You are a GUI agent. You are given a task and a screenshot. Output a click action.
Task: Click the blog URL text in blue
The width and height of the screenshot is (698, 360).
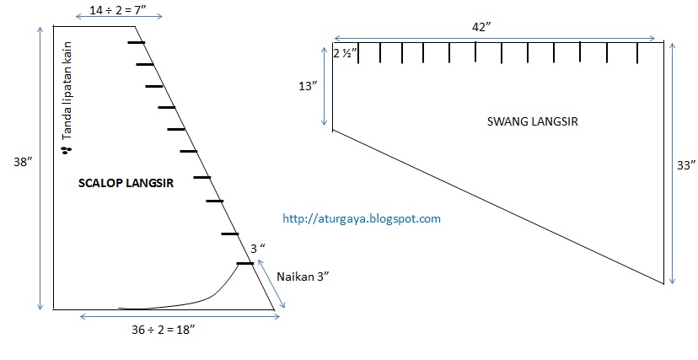[x=362, y=218]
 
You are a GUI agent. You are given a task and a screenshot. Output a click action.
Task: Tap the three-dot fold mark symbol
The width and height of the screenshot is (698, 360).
[x=65, y=150]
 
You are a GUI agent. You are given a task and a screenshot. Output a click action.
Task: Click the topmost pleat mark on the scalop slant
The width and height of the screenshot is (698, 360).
[x=135, y=42]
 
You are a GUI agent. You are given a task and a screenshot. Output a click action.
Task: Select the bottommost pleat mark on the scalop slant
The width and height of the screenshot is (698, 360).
[x=244, y=264]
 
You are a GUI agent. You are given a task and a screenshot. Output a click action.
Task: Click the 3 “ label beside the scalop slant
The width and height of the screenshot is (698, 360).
[x=258, y=249]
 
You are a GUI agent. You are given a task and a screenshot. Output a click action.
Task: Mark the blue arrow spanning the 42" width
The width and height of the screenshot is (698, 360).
[x=495, y=38]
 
